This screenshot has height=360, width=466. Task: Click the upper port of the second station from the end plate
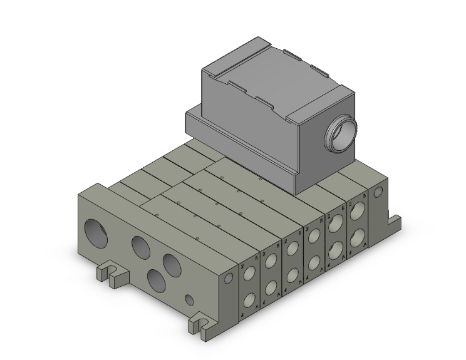(x=271, y=261)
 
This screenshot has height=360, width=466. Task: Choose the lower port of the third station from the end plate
(x=291, y=275)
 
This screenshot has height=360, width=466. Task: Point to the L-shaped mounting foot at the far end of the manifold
(x=395, y=220)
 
